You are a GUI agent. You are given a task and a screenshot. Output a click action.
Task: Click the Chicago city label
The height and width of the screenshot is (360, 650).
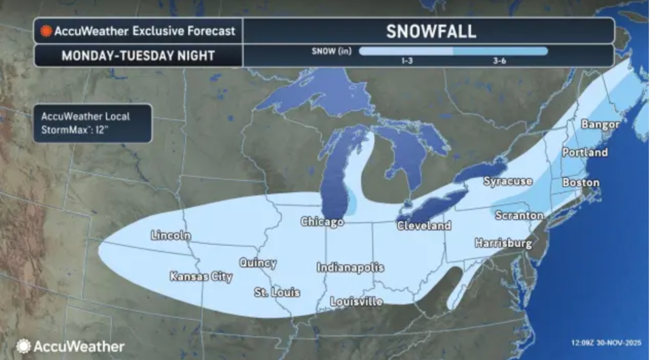pos(322,222)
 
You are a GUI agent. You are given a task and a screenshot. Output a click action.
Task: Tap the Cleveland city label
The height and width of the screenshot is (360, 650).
pos(424,225)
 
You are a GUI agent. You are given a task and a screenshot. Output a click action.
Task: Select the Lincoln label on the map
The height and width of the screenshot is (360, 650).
pos(171,236)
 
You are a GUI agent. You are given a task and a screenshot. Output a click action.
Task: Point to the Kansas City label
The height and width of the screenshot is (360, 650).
pos(201,277)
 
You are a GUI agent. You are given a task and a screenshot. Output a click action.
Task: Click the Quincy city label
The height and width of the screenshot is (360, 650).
pos(258,263)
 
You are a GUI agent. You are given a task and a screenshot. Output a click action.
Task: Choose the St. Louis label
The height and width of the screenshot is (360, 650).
pos(277,292)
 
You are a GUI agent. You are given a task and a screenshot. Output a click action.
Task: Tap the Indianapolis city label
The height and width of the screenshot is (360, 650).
pos(350,268)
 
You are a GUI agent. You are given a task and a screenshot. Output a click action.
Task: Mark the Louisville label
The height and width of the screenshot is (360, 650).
pos(356,302)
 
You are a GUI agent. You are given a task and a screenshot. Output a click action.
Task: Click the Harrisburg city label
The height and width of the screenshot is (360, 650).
pos(503,243)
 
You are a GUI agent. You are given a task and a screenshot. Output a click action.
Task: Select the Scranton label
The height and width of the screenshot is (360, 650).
pos(519,215)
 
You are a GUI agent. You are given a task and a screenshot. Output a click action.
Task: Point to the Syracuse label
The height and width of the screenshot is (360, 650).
pos(508,181)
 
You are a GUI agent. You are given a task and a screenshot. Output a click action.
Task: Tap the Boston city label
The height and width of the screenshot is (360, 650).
pos(581,182)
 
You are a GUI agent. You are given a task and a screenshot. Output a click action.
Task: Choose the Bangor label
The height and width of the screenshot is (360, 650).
pos(600,124)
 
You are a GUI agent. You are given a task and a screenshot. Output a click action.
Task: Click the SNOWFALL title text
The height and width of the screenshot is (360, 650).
pos(431,31)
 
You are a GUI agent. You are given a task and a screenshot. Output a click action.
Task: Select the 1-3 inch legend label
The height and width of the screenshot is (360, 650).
pos(406,61)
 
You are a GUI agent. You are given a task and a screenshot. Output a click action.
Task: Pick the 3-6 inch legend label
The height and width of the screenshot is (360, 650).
pos(500,61)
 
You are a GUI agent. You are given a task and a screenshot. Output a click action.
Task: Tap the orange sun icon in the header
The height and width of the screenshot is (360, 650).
pos(46,31)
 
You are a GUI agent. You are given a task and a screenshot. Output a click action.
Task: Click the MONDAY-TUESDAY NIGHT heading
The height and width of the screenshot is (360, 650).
pos(138,55)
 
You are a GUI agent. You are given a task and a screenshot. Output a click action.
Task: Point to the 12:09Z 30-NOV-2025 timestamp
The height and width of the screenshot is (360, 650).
pos(605,343)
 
